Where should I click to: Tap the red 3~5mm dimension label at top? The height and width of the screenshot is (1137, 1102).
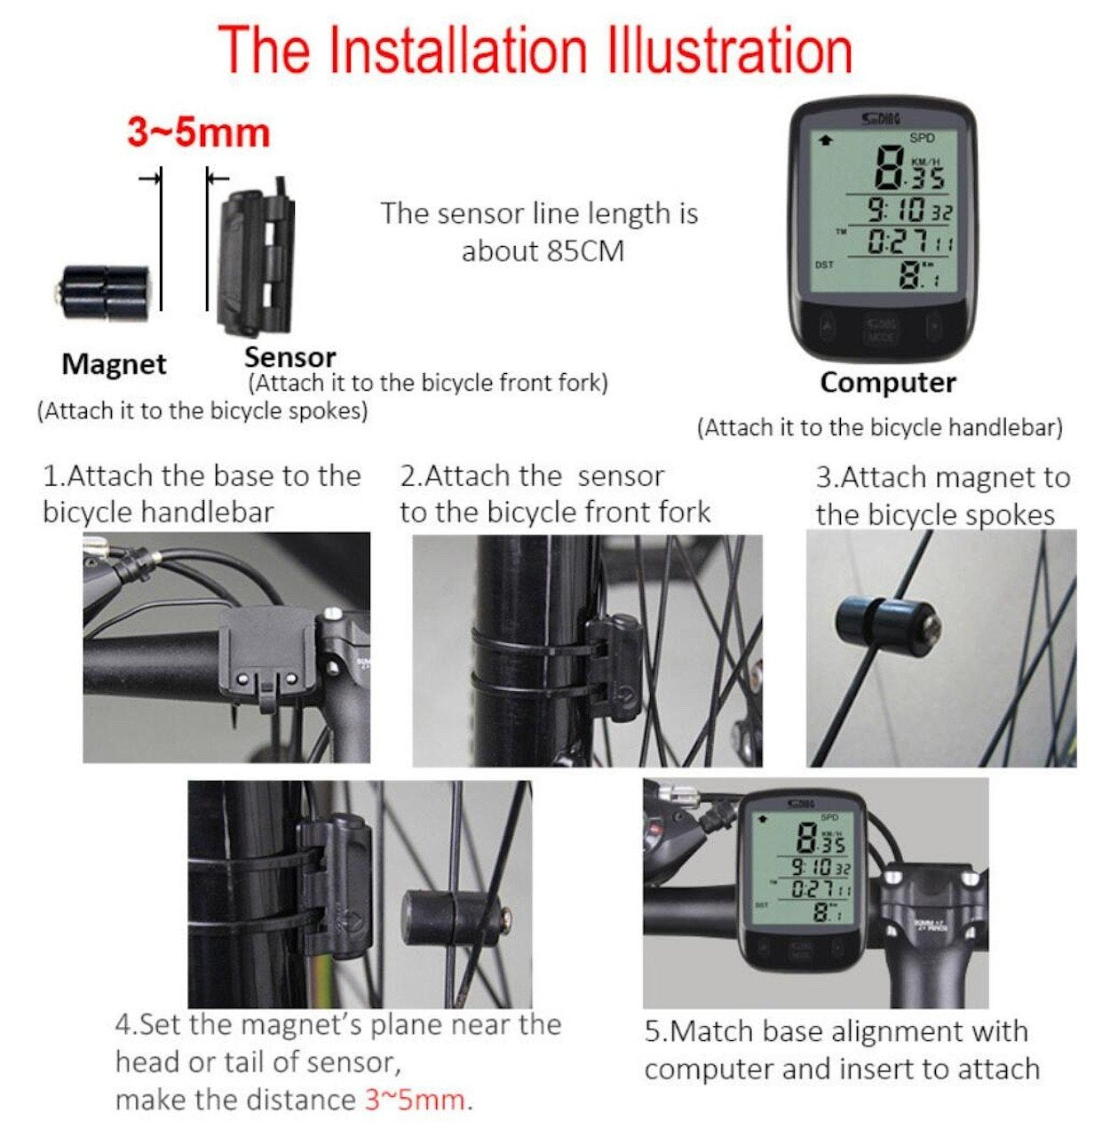pyautogui.click(x=199, y=132)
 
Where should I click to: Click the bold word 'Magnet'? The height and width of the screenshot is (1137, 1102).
pyautogui.click(x=114, y=364)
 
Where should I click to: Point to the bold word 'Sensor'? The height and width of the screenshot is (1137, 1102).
pyautogui.click(x=289, y=357)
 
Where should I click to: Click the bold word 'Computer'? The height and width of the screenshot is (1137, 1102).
pyautogui.click(x=888, y=384)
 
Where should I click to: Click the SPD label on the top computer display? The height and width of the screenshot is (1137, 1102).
pyautogui.click(x=922, y=139)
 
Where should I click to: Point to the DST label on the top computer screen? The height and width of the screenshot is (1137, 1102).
pyautogui.click(x=824, y=265)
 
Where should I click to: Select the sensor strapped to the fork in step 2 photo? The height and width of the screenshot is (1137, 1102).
pyautogui.click(x=614, y=667)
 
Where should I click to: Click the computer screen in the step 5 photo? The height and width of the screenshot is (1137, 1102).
pyautogui.click(x=802, y=870)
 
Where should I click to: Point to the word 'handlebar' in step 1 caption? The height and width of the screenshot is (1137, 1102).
pyautogui.click(x=207, y=513)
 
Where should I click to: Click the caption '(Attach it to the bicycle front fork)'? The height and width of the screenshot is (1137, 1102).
pyautogui.click(x=428, y=383)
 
